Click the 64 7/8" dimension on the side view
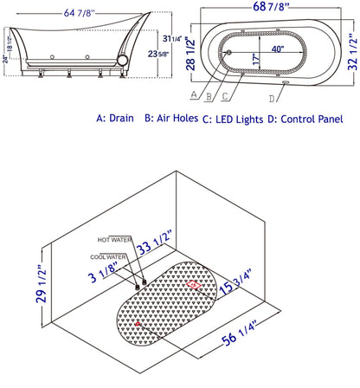pyautogui.click(x=79, y=13)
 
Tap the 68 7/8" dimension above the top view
pyautogui.click(x=271, y=6)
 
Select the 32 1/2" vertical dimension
pyautogui.click(x=352, y=52)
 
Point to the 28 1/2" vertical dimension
pyautogui.click(x=190, y=54)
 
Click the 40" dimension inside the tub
pyautogui.click(x=278, y=48)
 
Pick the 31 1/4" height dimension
pyautogui.click(x=172, y=38)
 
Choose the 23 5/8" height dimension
pyautogui.click(x=158, y=54)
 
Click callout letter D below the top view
pyautogui.click(x=272, y=99)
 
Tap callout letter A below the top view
pyautogui.click(x=194, y=94)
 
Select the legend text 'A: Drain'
pyautogui.click(x=115, y=118)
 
